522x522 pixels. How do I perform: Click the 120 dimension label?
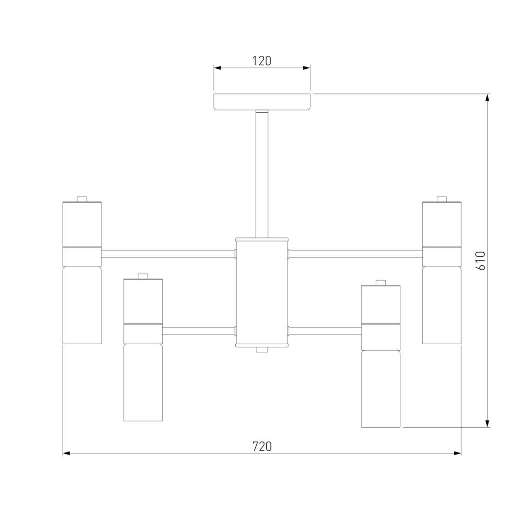pos(262,61)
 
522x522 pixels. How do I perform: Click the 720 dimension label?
pos(262,446)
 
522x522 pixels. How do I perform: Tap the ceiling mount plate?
pos(262,102)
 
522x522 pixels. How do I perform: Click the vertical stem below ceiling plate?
pos(262,174)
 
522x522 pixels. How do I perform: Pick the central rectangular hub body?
pos(262,293)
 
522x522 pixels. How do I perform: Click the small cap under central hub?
pos(262,350)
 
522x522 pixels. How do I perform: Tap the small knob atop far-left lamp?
pos(82,199)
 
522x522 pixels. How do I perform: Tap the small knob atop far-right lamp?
pos(442,199)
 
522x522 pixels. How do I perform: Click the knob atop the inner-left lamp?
pos(143,276)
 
